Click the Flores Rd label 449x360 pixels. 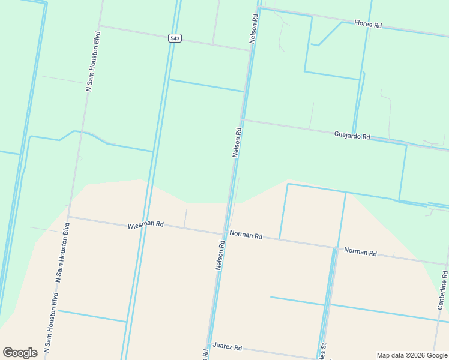[368, 25]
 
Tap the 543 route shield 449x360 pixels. [175, 38]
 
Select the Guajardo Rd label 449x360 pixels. [352, 136]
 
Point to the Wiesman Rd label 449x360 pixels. [145, 225]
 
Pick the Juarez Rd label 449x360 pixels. [227, 347]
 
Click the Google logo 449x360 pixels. [20, 353]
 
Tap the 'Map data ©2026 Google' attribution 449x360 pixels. [411, 355]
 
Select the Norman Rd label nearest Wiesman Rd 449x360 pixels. [246, 236]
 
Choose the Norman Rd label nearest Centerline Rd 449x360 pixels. [360, 252]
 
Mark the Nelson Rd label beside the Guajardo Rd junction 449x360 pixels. [237, 142]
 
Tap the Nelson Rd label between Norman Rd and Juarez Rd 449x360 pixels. [220, 255]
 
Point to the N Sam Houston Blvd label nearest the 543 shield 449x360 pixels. [93, 61]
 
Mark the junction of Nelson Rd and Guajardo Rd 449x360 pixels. [243, 120]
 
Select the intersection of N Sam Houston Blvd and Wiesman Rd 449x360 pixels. [68, 217]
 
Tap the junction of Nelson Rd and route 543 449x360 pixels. [250, 50]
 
